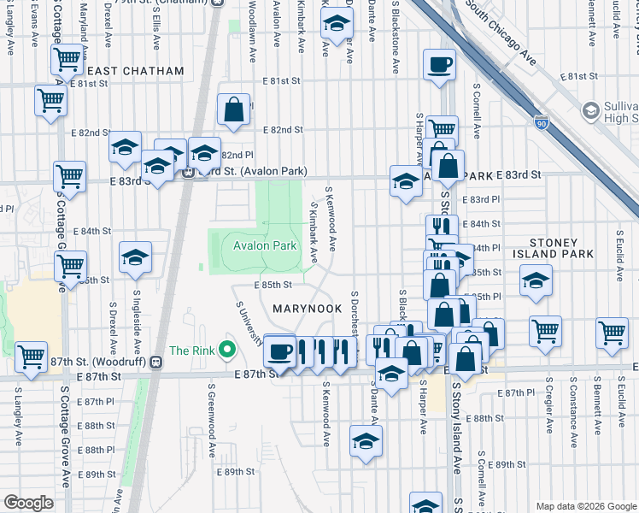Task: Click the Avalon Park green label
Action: [x=265, y=246]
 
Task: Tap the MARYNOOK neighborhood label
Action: [x=307, y=308]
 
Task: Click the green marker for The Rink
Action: [x=226, y=349]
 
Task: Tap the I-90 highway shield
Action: [x=539, y=124]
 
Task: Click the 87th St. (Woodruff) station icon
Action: [x=155, y=362]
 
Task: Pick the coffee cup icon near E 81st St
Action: [x=440, y=65]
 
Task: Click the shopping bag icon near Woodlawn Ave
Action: [x=233, y=109]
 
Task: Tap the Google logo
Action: [x=28, y=503]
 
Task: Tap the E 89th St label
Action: [x=237, y=472]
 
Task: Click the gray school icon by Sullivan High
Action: [x=590, y=110]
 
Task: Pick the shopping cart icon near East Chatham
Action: [x=66, y=60]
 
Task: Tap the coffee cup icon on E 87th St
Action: [x=279, y=351]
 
